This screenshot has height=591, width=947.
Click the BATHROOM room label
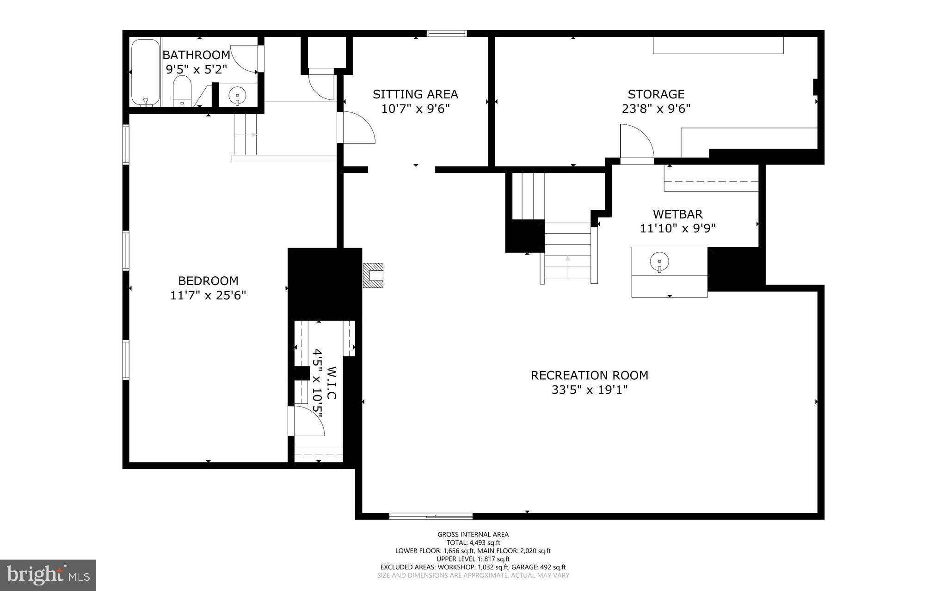click(196, 55)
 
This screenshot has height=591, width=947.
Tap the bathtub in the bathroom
click(145, 73)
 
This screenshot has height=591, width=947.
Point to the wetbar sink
click(659, 262)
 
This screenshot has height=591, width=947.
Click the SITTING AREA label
click(415, 94)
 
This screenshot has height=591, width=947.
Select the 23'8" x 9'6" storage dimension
click(656, 109)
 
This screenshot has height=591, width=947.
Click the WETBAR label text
click(677, 214)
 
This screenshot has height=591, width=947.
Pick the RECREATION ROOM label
click(589, 375)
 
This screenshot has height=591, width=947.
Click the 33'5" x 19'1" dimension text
click(589, 390)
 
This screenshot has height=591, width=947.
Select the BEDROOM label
click(208, 280)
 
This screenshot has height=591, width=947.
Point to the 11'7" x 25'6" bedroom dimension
click(208, 295)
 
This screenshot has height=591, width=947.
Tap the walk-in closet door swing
click(307, 421)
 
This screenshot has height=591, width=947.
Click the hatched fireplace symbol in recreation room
click(373, 275)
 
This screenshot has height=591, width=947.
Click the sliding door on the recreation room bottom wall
click(430, 516)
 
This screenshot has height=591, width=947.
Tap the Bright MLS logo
click(48, 575)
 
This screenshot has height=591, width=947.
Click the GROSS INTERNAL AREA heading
click(473, 535)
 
